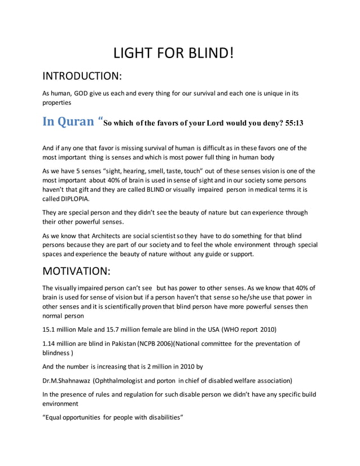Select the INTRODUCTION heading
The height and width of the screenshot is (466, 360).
pos(83,76)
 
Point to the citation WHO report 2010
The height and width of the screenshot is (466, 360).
pos(247,329)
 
